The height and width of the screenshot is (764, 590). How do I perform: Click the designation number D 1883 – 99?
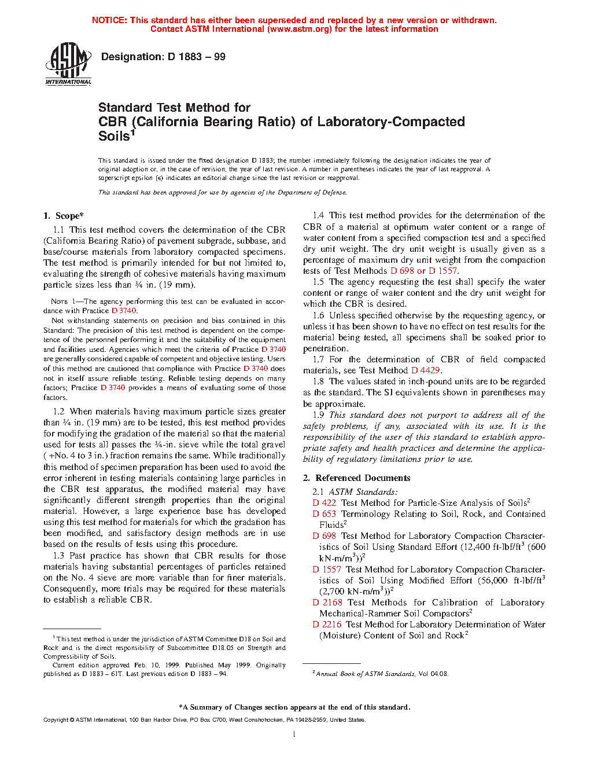(163, 57)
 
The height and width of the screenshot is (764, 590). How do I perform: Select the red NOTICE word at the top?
(109, 20)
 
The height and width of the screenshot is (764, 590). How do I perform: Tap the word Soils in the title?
(114, 137)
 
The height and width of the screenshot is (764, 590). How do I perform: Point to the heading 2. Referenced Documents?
(357, 478)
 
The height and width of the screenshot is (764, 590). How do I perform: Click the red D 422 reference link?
(325, 503)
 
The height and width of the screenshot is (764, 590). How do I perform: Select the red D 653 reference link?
(325, 514)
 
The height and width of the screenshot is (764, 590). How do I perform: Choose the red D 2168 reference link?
(328, 603)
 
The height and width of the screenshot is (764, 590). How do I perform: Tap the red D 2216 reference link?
(327, 625)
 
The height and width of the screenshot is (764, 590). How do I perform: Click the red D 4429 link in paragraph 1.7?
(426, 370)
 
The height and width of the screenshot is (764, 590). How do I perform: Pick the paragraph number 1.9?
(319, 415)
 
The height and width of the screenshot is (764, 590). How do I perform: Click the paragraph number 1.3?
(59, 556)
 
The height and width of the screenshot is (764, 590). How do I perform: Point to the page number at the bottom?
(294, 734)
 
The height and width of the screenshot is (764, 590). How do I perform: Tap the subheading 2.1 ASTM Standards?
(355, 492)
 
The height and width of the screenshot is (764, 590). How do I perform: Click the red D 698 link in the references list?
(325, 536)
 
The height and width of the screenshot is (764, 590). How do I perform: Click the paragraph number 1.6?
(319, 315)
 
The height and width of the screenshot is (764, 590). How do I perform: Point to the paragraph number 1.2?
(59, 412)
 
